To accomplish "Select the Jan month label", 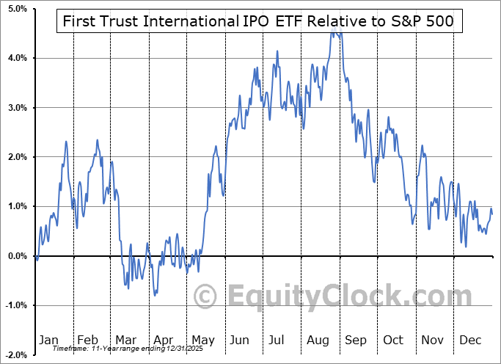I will (48, 340).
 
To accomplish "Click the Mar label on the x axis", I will (125, 340).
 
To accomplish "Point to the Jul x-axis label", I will (277, 340).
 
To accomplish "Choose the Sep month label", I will (355, 340).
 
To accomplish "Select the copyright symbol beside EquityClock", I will (205, 296).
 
